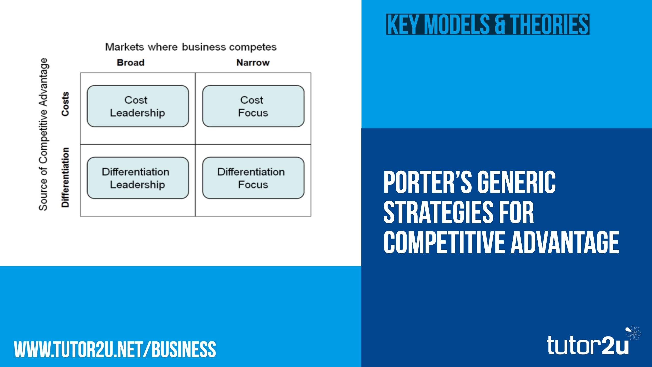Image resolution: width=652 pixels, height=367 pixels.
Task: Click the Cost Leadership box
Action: click(x=138, y=106)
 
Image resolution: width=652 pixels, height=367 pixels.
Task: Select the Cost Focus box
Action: click(x=253, y=106)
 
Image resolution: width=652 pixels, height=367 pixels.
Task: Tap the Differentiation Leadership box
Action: click(x=138, y=178)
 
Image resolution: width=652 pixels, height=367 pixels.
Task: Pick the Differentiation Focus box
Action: click(x=253, y=178)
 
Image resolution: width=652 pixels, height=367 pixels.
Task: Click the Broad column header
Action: click(x=131, y=62)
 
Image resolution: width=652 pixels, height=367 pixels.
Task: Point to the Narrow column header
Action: click(x=253, y=62)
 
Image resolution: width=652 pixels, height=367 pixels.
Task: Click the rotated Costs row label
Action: click(x=65, y=104)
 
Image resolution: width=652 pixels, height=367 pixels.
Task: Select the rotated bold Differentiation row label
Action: click(x=65, y=177)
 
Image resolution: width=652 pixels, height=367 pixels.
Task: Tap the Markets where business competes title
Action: click(x=191, y=47)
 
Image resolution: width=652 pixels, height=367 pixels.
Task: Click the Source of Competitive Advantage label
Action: click(x=43, y=134)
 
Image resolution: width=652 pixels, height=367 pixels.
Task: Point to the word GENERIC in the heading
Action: click(x=517, y=182)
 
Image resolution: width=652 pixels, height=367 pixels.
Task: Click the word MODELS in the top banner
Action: click(x=457, y=24)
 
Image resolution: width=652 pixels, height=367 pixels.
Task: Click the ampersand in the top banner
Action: click(x=500, y=24)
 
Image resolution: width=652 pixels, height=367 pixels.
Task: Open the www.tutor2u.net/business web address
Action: click(x=115, y=349)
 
